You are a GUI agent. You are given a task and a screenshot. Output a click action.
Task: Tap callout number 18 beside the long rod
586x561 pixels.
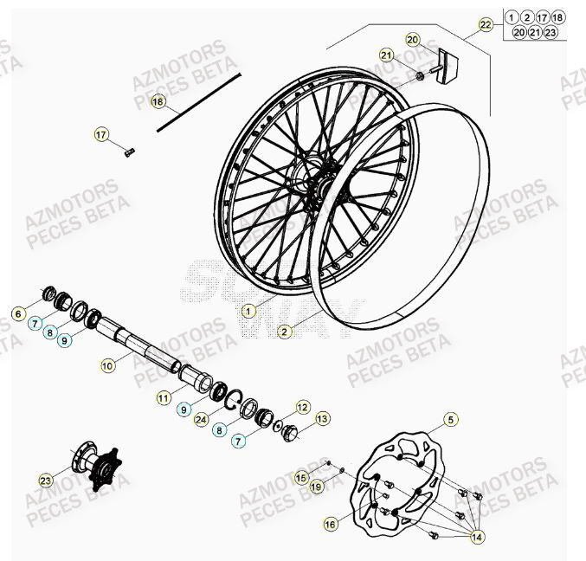tap(157, 101)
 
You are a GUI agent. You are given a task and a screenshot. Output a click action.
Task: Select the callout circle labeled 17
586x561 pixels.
tap(101, 134)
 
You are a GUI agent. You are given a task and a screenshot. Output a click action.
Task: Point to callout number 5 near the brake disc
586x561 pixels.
tap(450, 420)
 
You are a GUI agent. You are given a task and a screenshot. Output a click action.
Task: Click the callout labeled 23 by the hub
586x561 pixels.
tap(46, 479)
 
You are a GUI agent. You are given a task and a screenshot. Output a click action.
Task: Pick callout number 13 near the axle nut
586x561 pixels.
tap(322, 419)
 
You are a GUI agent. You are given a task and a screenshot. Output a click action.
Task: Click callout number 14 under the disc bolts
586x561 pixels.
tap(476, 538)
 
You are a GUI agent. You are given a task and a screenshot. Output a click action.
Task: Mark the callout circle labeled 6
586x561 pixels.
tap(18, 313)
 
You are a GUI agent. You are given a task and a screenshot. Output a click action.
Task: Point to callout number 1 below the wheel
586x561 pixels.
tap(249, 309)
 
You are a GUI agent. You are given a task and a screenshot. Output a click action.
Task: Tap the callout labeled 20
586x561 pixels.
tap(412, 40)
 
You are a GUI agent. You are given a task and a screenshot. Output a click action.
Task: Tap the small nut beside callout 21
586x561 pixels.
tap(420, 75)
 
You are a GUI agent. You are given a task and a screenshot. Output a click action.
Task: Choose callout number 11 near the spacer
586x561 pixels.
tap(164, 397)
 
